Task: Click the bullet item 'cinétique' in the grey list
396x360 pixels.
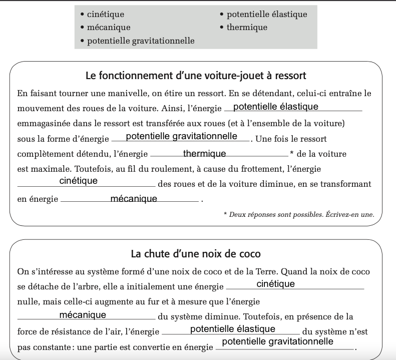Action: pyautogui.click(x=105, y=15)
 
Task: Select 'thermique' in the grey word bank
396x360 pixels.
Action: pyautogui.click(x=247, y=28)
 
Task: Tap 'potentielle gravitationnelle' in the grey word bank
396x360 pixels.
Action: pyautogui.click(x=141, y=41)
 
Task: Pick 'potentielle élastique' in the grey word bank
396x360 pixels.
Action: pyautogui.click(x=267, y=15)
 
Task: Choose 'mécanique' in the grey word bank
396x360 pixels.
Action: pyautogui.click(x=108, y=28)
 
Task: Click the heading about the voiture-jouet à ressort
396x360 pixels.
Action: pyautogui.click(x=196, y=76)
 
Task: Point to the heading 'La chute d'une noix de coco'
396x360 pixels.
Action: pyautogui.click(x=196, y=254)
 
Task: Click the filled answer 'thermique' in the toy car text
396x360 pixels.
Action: pyautogui.click(x=205, y=154)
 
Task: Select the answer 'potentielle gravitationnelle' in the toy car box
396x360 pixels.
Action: pyautogui.click(x=182, y=136)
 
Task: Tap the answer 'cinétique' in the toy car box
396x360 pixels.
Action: pyautogui.click(x=79, y=181)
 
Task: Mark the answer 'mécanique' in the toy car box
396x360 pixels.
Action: pyautogui.click(x=134, y=199)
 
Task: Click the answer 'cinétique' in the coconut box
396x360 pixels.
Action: pyautogui.click(x=275, y=284)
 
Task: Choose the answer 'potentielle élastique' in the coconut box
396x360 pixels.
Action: pyautogui.click(x=233, y=329)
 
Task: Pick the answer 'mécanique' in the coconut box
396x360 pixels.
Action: pyautogui.click(x=83, y=315)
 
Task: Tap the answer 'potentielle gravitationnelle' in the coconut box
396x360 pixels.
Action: pyautogui.click(x=277, y=341)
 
